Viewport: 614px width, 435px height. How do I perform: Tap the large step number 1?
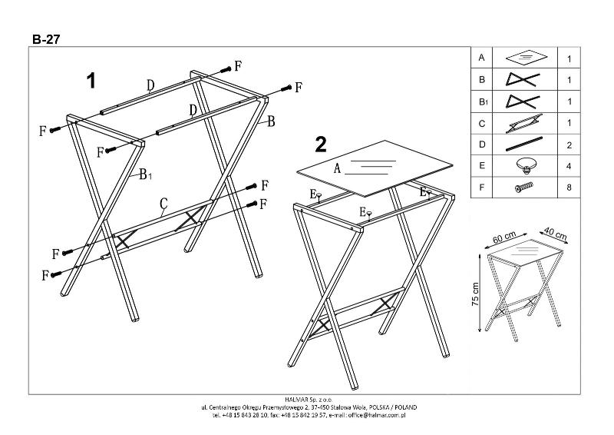[91, 81]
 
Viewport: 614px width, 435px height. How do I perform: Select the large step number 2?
[321, 144]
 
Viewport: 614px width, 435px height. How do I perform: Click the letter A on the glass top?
[337, 171]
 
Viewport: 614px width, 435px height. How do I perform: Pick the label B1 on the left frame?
[145, 175]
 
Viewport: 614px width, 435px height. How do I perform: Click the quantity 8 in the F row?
[569, 187]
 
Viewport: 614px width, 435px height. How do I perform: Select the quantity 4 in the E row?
[569, 165]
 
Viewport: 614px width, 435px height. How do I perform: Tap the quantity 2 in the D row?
[569, 144]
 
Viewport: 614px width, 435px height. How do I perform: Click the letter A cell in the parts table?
[481, 58]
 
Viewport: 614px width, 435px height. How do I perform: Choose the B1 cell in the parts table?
[482, 101]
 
